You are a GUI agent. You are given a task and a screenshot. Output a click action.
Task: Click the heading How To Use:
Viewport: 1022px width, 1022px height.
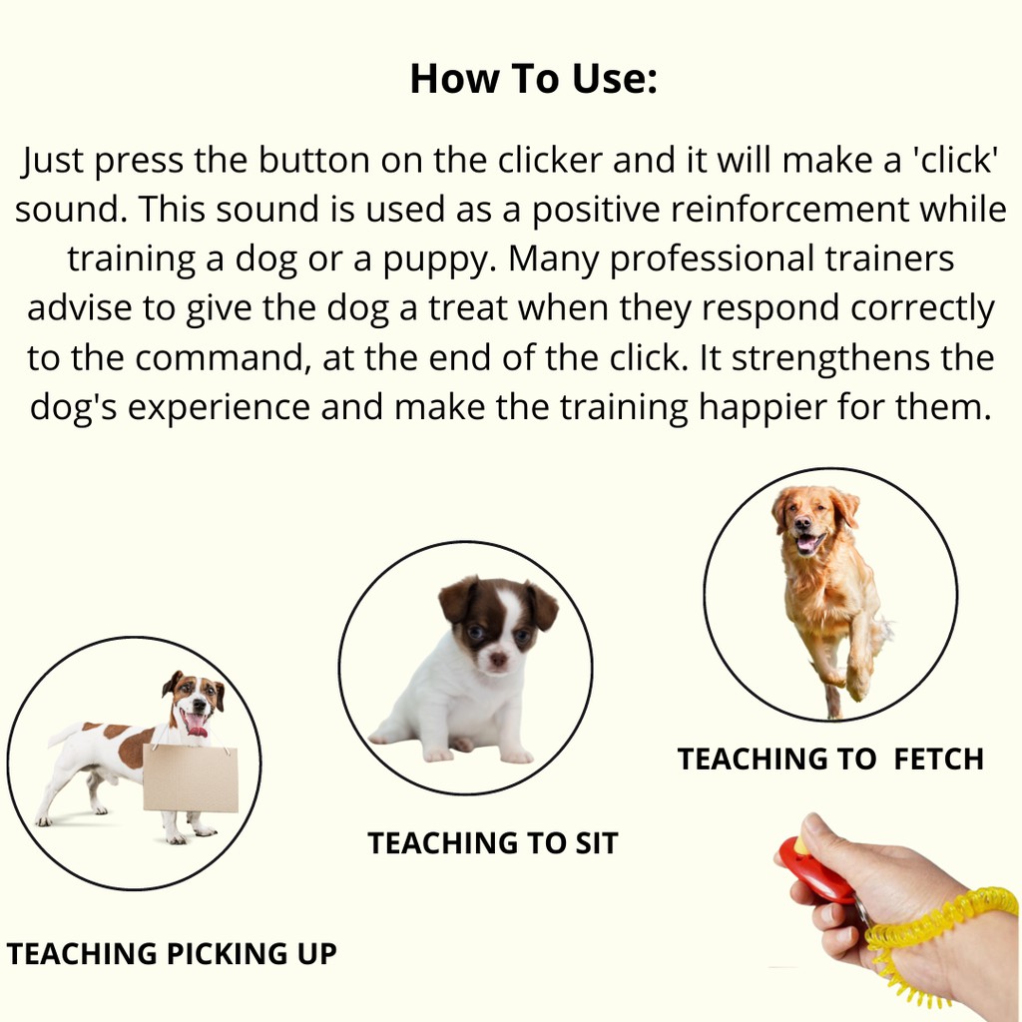coord(534,80)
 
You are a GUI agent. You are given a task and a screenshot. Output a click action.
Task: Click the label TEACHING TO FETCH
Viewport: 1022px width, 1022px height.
coord(830,760)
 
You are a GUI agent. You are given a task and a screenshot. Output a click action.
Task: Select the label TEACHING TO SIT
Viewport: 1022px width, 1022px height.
coord(493,843)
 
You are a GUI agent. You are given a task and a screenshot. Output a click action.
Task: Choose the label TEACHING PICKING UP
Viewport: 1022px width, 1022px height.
coord(172,954)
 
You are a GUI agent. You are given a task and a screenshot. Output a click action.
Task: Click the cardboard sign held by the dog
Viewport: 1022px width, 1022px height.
coord(190,778)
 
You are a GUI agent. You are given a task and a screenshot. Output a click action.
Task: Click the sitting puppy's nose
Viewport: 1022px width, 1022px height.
coord(498,659)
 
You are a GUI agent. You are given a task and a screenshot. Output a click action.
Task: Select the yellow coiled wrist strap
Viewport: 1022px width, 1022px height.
coord(938,923)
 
